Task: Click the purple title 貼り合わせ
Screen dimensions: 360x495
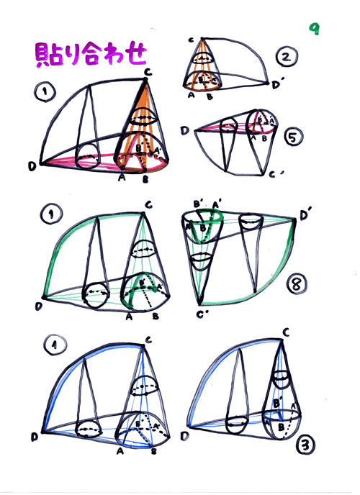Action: click(91, 55)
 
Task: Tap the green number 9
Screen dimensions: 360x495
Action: click(314, 29)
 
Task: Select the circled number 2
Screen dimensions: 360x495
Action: click(287, 57)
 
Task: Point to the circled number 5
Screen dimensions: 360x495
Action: click(293, 137)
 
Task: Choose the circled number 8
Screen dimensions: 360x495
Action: click(297, 283)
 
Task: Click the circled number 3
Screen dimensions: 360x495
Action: click(305, 445)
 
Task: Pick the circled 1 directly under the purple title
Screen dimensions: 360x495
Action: click(45, 92)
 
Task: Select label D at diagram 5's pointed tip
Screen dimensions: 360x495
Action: click(185, 130)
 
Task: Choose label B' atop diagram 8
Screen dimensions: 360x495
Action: click(199, 204)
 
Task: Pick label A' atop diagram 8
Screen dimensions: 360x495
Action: click(216, 205)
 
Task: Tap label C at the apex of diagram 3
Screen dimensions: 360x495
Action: click(286, 332)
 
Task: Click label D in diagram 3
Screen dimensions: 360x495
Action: click(185, 436)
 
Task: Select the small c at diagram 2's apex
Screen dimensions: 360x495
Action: click(191, 40)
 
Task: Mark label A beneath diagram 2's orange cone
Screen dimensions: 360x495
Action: click(191, 95)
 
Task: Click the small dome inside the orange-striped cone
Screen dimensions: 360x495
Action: click(144, 116)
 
